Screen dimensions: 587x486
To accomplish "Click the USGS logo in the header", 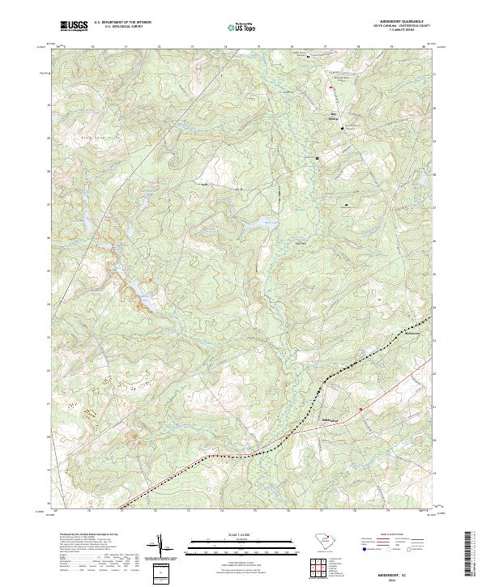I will (74, 26).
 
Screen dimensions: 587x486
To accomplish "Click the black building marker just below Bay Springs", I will (343, 127).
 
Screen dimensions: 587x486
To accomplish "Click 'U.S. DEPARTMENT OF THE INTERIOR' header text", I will (123, 23).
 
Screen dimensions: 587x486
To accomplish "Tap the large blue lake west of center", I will (148, 301).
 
